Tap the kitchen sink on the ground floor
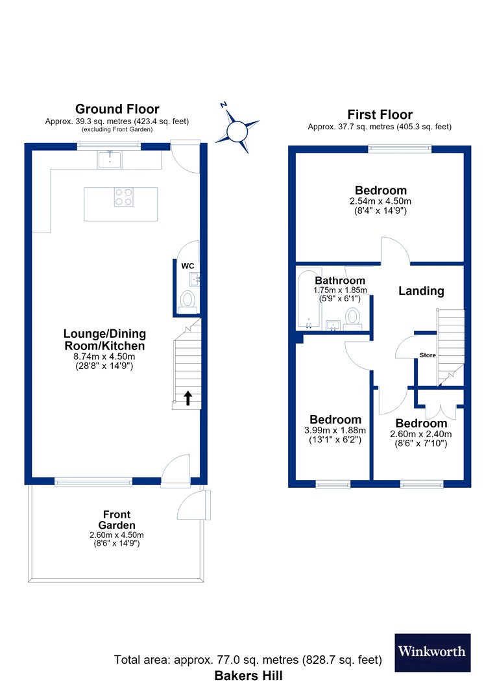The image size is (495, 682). tap(110, 159)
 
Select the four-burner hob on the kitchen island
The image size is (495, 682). tap(124, 197)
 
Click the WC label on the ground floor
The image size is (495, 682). tap(187, 266)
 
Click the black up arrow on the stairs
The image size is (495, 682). tap(187, 398)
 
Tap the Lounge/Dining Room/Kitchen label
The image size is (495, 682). tap(104, 340)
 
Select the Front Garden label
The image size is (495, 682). tap(117, 520)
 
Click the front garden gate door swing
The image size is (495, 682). tap(194, 505)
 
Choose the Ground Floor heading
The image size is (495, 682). tap(117, 108)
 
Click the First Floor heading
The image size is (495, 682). tap(380, 114)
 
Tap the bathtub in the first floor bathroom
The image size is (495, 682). tap(309, 299)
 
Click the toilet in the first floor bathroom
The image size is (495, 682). tap(352, 318)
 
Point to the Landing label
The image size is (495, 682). tap(421, 291)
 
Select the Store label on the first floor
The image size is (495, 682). tap(428, 355)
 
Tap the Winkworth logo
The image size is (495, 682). tap(433, 652)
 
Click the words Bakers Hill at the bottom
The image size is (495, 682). tap(248, 676)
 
